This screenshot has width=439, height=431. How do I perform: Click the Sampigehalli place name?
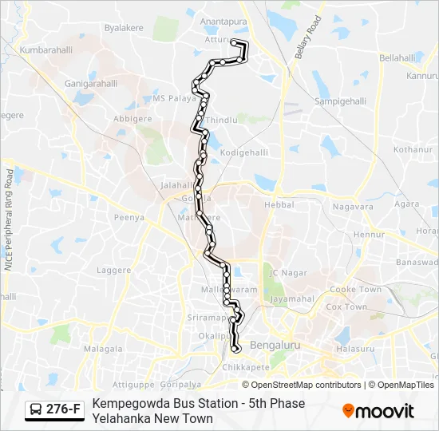[x=338, y=102]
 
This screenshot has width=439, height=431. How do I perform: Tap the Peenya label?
[x=129, y=217]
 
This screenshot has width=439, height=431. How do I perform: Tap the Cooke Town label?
[x=355, y=290]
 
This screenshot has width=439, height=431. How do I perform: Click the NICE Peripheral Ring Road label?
[x=9, y=219]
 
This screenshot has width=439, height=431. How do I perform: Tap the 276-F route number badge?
[x=55, y=409]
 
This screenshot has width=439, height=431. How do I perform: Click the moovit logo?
[x=378, y=411]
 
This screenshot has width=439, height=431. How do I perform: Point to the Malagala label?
[x=103, y=349]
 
